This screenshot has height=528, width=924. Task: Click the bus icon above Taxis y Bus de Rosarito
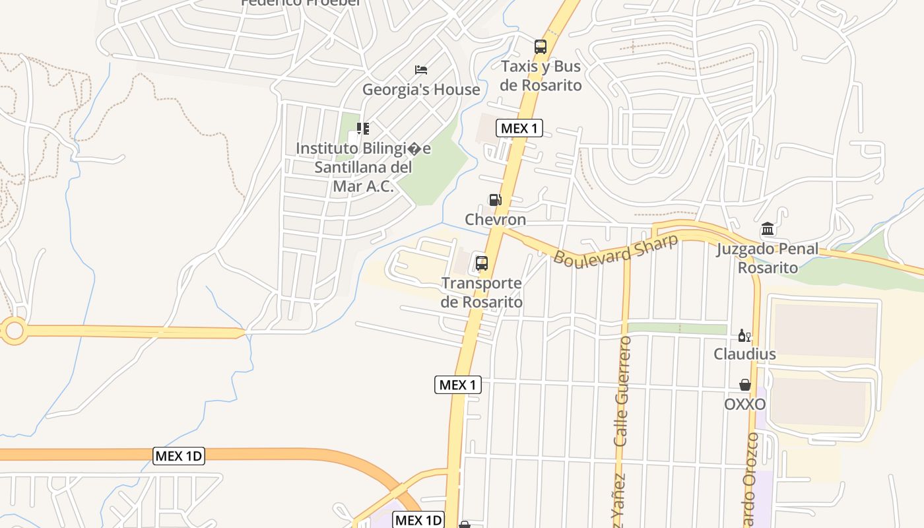coord(541,47)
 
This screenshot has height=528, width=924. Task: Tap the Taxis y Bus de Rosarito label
coord(541,76)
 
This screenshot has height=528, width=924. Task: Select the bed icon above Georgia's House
coord(421,70)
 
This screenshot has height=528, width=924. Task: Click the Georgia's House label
coord(421,90)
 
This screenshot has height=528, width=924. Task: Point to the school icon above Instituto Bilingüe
coord(362,128)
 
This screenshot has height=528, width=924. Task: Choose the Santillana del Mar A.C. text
coord(363,176)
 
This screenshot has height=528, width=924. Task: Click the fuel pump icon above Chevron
coord(495,200)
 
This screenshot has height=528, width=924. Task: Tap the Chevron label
coord(496,219)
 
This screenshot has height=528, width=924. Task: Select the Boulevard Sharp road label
coord(615,249)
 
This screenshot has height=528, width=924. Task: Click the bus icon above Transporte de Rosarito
coord(482,264)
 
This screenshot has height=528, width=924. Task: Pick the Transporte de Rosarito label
coord(482,292)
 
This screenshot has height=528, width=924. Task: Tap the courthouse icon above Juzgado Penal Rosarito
coord(768,230)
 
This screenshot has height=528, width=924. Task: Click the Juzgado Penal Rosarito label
coord(768,258)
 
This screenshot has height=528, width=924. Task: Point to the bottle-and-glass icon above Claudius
coord(744,335)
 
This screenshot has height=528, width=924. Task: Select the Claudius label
coord(744,354)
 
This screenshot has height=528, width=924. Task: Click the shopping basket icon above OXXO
coord(745,385)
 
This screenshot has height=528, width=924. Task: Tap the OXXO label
coord(745,404)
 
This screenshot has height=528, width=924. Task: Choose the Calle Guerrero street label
coord(622,391)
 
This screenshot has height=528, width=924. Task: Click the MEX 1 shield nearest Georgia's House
coord(519,129)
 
